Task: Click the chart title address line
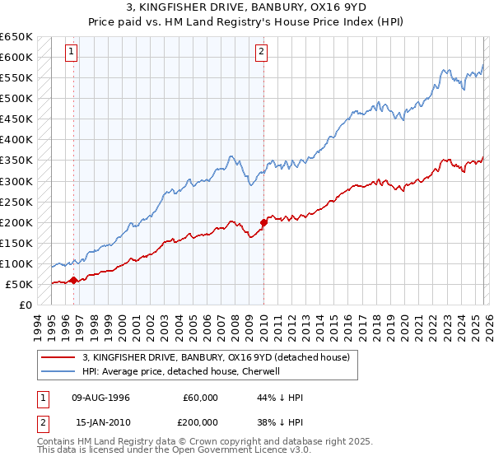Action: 247,7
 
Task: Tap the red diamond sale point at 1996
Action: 74,280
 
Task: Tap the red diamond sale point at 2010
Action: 263,222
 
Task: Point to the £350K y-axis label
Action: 17,161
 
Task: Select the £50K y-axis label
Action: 20,284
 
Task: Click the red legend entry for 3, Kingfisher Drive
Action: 216,357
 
